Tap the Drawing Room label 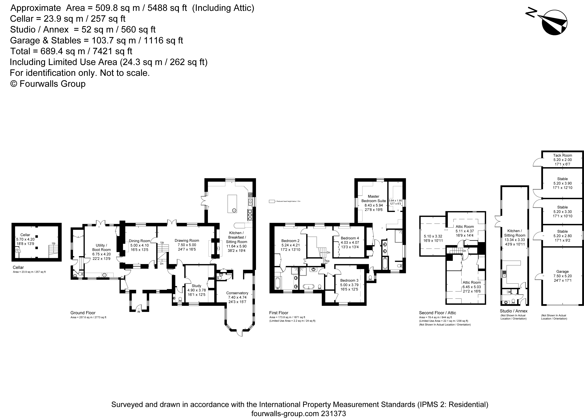[187, 240]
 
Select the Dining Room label [139, 241]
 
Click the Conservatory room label [237, 293]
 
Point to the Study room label [197, 286]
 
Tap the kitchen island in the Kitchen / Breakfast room [232, 204]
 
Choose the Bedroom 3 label [349, 280]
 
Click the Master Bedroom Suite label [373, 199]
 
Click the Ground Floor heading [83, 313]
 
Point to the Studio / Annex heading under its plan [514, 311]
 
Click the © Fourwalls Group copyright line [48, 84]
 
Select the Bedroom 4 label [350, 238]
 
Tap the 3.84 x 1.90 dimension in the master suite [395, 201]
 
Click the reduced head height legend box [272, 201]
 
